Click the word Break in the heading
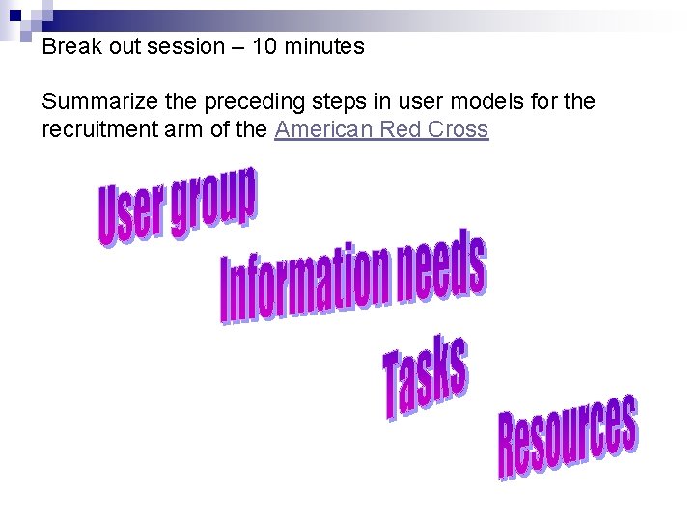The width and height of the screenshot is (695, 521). point(69,46)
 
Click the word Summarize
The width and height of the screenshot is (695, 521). point(97,101)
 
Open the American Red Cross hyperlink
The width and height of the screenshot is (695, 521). point(381,129)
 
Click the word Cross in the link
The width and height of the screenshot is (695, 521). point(457,129)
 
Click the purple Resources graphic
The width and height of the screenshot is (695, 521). point(567,436)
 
